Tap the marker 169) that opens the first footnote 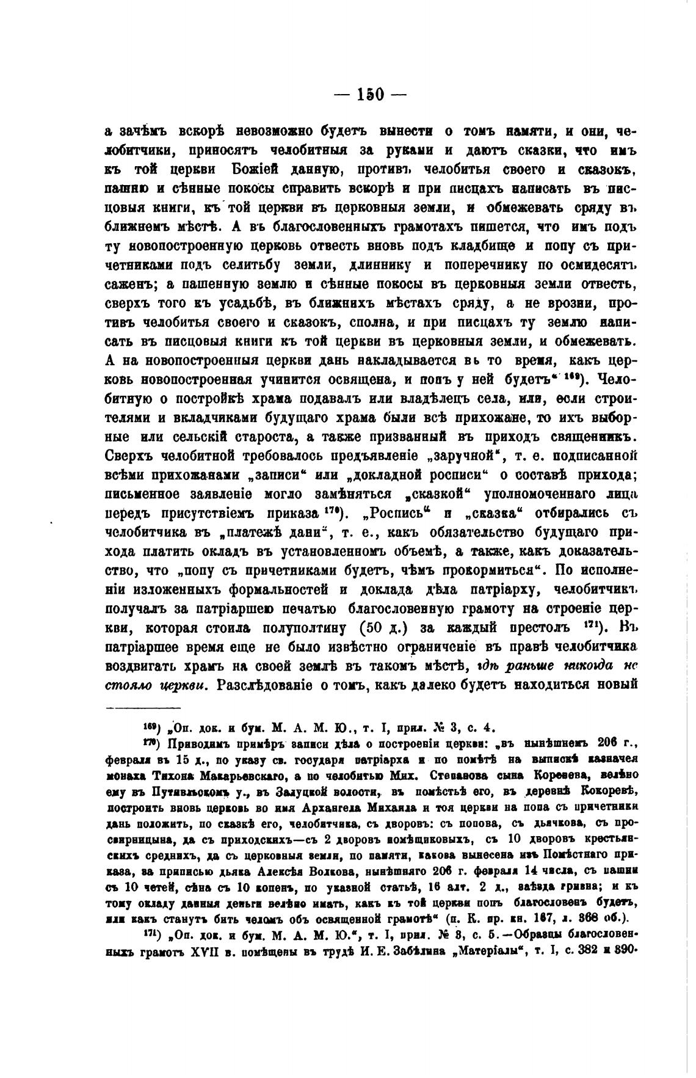pos(151,727)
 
